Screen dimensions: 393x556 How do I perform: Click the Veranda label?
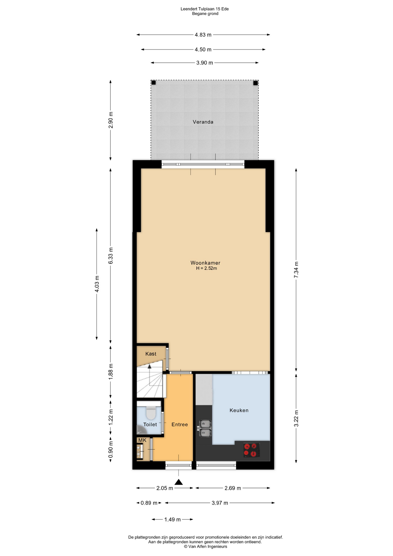pyautogui.click(x=203, y=122)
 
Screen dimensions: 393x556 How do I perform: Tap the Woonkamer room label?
pyautogui.click(x=205, y=263)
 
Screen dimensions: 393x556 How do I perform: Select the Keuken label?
pyautogui.click(x=239, y=410)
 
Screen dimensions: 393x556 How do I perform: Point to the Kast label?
pyautogui.click(x=150, y=354)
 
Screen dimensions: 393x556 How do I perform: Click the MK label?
pyautogui.click(x=142, y=440)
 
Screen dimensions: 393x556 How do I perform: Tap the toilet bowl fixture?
pyautogui.click(x=151, y=413)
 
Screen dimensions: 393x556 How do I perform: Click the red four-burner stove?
pyautogui.click(x=251, y=450)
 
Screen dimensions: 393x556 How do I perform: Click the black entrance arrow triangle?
pyautogui.click(x=179, y=482)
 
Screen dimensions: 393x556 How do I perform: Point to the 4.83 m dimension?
pyautogui.click(x=203, y=35)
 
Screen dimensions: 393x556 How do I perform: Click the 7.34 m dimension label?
pyautogui.click(x=296, y=270)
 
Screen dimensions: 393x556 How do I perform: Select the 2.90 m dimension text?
pyautogui.click(x=111, y=120)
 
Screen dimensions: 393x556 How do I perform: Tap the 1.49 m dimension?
pyautogui.click(x=172, y=520)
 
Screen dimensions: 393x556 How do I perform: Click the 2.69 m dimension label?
pyautogui.click(x=233, y=488)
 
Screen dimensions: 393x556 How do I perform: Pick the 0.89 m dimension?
pyautogui.click(x=149, y=503)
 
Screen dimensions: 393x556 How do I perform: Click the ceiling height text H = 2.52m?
pyautogui.click(x=206, y=268)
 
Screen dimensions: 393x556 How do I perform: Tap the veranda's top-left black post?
pyautogui.click(x=154, y=83)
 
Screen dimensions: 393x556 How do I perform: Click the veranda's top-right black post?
pyautogui.click(x=255, y=83)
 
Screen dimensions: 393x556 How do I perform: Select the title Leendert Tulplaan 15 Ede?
pyautogui.click(x=205, y=9)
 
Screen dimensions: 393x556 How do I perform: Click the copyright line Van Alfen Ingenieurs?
pyautogui.click(x=205, y=546)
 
